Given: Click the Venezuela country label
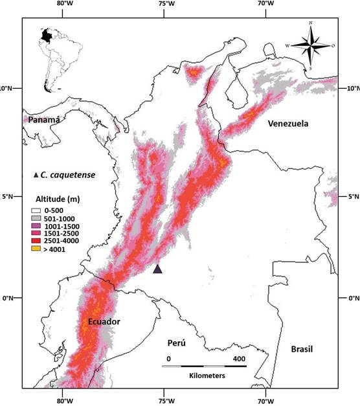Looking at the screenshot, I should pos(289,124).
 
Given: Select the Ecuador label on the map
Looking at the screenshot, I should pos(102,322).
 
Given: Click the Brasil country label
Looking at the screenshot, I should pos(302,349).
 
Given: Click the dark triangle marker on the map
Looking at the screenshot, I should pos(157,269).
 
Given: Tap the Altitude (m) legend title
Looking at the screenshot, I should pos(59,198).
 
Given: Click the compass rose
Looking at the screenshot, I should pos(311,45).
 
